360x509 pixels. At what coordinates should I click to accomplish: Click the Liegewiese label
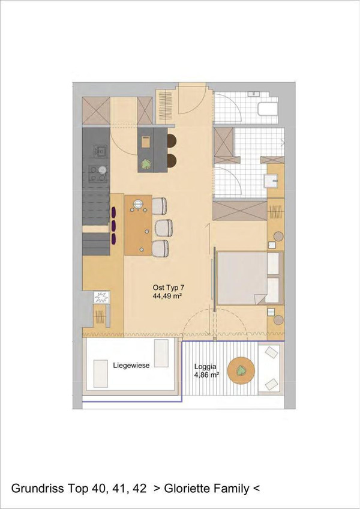[x=131, y=365]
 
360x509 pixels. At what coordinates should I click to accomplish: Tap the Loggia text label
[x=205, y=367]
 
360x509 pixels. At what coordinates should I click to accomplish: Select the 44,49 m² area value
[x=167, y=296]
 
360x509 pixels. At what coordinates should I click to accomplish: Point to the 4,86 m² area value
[x=206, y=375]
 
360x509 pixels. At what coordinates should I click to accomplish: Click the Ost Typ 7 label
[x=169, y=288]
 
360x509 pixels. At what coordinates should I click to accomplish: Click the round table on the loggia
[x=241, y=370]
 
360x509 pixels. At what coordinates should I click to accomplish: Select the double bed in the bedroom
[x=250, y=277]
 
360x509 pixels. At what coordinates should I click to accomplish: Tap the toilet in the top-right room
[x=268, y=109]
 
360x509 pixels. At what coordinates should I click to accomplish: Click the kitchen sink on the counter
[x=100, y=150]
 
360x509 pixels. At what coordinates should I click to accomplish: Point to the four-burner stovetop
[x=99, y=173]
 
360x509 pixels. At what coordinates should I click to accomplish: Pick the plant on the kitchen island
[x=145, y=164]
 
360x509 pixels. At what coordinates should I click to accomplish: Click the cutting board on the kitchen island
[x=146, y=142]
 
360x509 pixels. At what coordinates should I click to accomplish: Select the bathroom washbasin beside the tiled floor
[x=271, y=181]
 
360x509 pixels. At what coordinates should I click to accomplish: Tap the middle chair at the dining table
[x=164, y=227]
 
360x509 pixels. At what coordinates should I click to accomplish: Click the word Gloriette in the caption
[x=188, y=488]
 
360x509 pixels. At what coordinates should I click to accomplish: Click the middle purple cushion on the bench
[x=114, y=224]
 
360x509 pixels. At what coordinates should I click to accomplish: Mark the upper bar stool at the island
[x=172, y=140]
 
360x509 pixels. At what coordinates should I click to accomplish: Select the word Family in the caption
[x=233, y=489]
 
